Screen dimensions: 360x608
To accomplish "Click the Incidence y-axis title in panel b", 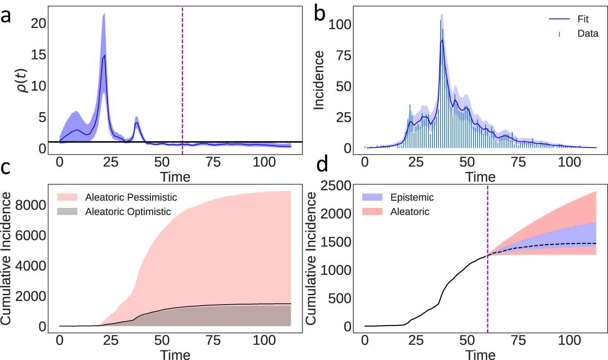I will point(319,80).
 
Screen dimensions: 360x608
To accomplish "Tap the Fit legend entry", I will point(583,19).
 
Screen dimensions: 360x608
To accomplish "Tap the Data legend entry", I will point(588,34).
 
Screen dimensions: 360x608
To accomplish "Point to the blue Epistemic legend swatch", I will point(372,197).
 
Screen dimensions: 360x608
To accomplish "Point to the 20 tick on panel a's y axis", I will point(38,23).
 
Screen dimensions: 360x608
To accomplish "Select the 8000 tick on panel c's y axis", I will point(30,205).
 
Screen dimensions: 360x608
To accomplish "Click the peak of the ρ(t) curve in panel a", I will point(104,55).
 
